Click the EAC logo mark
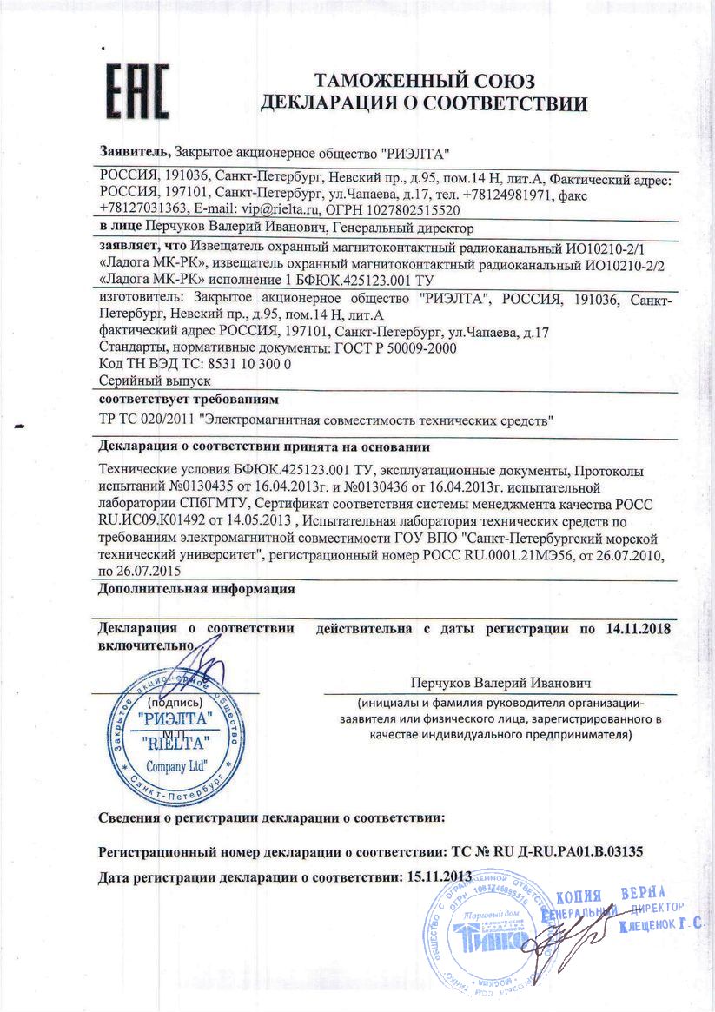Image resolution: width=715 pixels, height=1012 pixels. pyautogui.click(x=136, y=92)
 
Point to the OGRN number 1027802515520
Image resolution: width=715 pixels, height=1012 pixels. pyautogui.click(x=412, y=209)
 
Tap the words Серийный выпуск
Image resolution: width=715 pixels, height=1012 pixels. pyautogui.click(x=156, y=380)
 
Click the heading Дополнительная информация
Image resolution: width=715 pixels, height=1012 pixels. pyautogui.click(x=197, y=589)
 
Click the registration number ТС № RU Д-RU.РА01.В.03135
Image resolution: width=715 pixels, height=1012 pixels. pyautogui.click(x=542, y=851)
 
